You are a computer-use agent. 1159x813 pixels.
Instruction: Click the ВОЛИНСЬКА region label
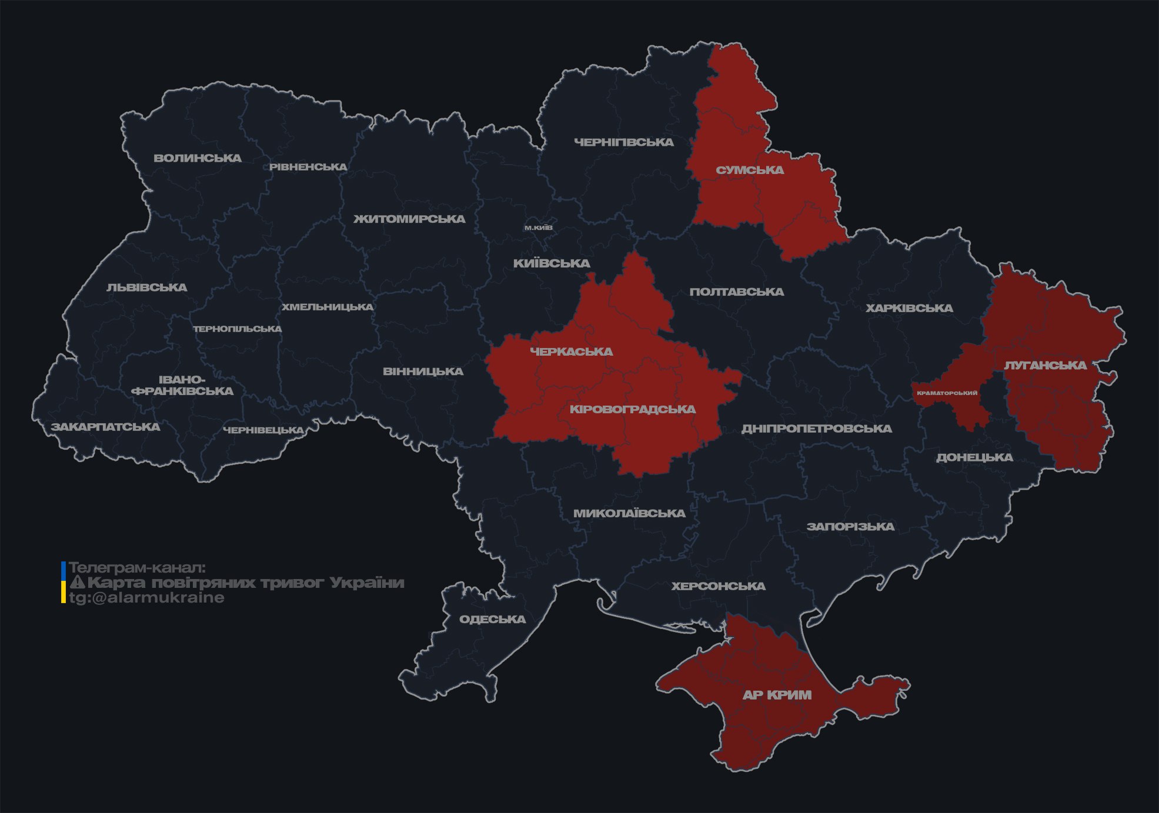(x=198, y=158)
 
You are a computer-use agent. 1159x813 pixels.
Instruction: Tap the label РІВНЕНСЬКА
(x=308, y=167)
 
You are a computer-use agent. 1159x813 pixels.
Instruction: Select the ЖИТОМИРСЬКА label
(x=409, y=219)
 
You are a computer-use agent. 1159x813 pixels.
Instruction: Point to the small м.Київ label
(x=539, y=227)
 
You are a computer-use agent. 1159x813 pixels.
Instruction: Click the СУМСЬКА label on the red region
(x=750, y=170)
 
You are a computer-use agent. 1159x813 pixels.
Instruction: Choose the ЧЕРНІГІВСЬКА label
(x=624, y=142)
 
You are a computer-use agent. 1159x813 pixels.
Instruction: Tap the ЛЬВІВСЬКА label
(x=147, y=287)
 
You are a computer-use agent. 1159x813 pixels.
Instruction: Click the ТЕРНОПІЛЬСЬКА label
(x=238, y=329)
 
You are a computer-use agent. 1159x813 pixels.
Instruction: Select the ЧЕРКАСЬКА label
(x=572, y=352)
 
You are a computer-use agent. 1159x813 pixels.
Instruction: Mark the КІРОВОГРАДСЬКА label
(x=633, y=409)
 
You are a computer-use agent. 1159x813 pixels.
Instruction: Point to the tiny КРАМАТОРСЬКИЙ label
(x=947, y=393)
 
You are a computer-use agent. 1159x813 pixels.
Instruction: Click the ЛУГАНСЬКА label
(x=1045, y=366)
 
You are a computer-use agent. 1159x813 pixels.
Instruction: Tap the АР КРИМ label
(x=777, y=695)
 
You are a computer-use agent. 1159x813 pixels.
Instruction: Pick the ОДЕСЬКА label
(x=492, y=620)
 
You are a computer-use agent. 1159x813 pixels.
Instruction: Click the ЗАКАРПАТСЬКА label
(x=105, y=427)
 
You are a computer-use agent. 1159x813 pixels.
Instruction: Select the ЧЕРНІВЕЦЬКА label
(x=263, y=430)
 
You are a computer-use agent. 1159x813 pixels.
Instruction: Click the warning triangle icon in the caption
(x=78, y=583)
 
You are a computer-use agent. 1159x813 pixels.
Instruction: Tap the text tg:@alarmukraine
(x=146, y=598)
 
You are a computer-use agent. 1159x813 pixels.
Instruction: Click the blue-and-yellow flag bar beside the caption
(x=64, y=583)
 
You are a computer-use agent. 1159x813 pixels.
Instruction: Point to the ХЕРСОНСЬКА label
(x=718, y=587)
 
